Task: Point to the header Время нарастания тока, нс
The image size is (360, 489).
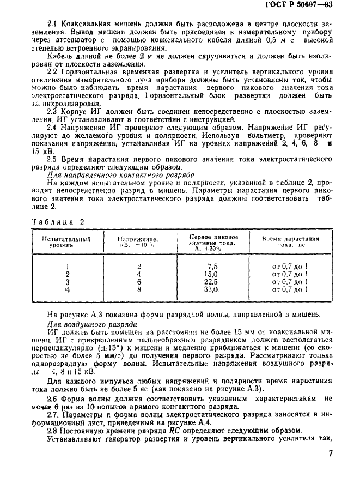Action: (x=290, y=242)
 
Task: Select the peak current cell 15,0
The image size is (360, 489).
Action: (x=211, y=274)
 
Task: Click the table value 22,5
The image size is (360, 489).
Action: (x=211, y=282)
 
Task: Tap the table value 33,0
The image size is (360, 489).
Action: (x=211, y=290)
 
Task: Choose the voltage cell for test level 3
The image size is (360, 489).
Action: (x=139, y=282)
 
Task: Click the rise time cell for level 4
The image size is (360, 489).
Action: (x=290, y=290)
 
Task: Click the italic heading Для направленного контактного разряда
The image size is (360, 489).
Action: (x=121, y=176)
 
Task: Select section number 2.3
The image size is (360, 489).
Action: (x=53, y=111)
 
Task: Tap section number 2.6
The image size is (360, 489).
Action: (x=53, y=399)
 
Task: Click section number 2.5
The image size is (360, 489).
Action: (x=53, y=159)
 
